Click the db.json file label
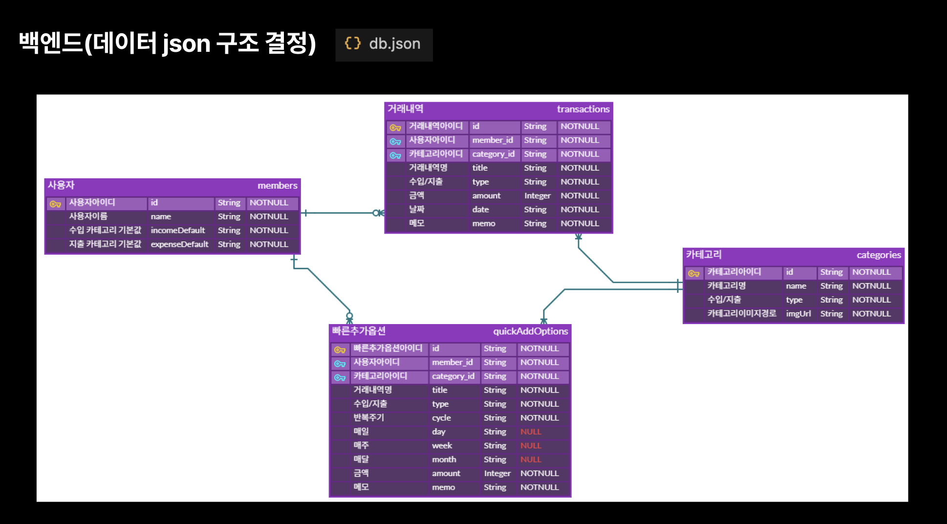pos(394,44)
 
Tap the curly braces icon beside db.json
pos(352,44)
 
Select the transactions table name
pos(583,109)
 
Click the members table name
pos(277,186)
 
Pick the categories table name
pos(878,255)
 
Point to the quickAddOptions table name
pos(530,331)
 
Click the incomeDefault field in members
pos(178,230)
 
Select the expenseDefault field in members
pos(179,244)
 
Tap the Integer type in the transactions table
pos(537,196)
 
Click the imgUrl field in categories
pos(798,314)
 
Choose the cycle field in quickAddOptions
pos(441,418)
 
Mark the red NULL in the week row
pos(531,446)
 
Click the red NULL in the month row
pos(531,459)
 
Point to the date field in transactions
pos(480,210)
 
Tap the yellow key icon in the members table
pos(55,204)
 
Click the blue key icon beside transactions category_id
pos(395,155)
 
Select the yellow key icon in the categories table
pos(693,273)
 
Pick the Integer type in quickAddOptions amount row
pos(497,474)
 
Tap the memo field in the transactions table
pos(483,224)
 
